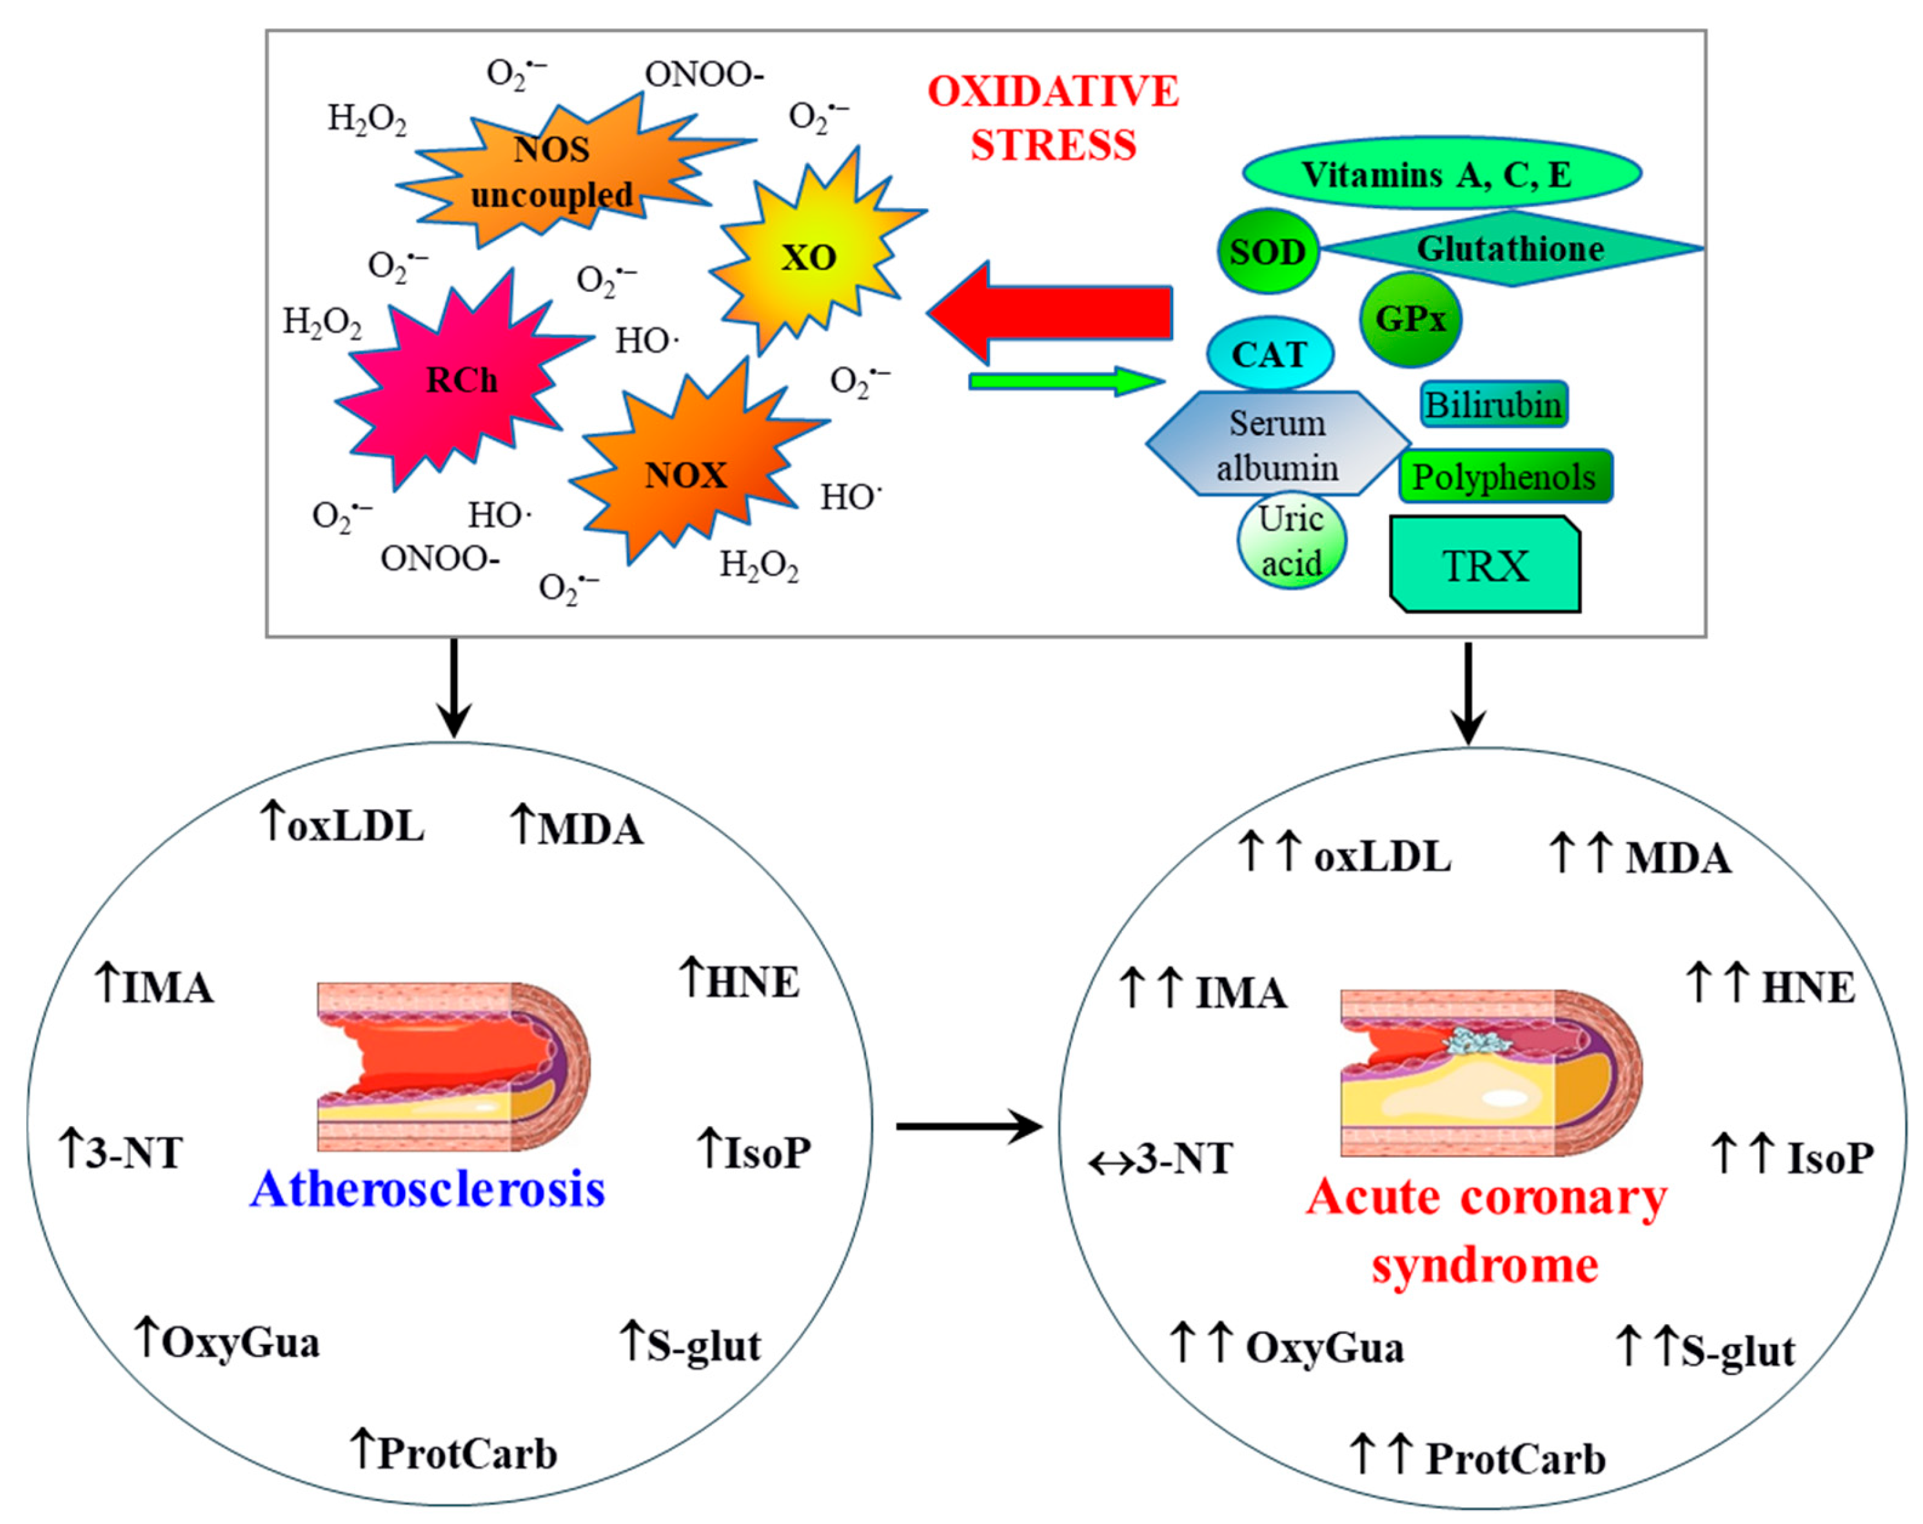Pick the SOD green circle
1267,251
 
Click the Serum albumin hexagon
1277,444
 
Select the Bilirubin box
1493,405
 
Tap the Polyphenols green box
1504,477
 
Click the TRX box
1485,565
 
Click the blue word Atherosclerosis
428,1189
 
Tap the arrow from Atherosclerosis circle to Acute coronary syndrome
969,1126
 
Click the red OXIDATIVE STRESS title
1053,118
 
